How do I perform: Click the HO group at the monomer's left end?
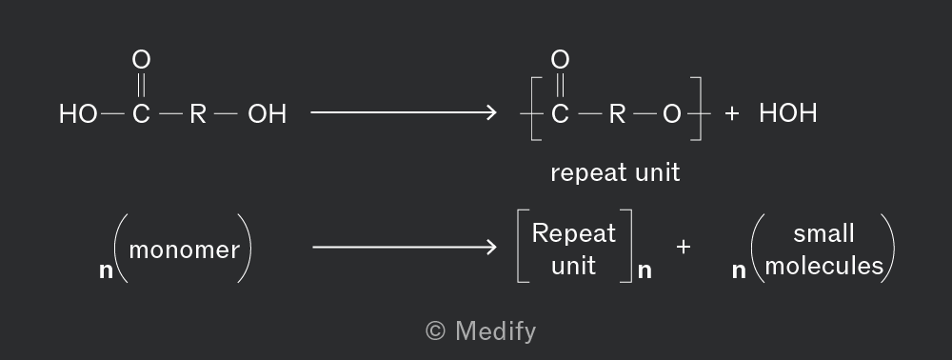[78, 114]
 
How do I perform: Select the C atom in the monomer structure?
[141, 114]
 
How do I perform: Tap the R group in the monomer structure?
[198, 114]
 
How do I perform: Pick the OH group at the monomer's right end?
[268, 114]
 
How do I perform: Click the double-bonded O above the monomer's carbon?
[141, 59]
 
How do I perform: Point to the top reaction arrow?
[404, 112]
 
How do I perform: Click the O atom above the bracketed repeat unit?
[560, 59]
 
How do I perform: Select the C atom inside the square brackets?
[560, 114]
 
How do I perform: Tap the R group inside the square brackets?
[617, 114]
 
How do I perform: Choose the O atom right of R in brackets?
[671, 114]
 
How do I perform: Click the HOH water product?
[788, 113]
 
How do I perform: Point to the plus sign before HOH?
[731, 113]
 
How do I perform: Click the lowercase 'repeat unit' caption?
[615, 173]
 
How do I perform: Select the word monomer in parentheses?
[185, 250]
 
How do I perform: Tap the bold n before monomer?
[106, 270]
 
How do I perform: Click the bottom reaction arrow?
[405, 247]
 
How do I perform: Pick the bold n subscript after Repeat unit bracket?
[645, 270]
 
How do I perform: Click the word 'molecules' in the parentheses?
[823, 266]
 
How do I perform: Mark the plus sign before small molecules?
[683, 247]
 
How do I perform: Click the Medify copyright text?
[480, 331]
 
